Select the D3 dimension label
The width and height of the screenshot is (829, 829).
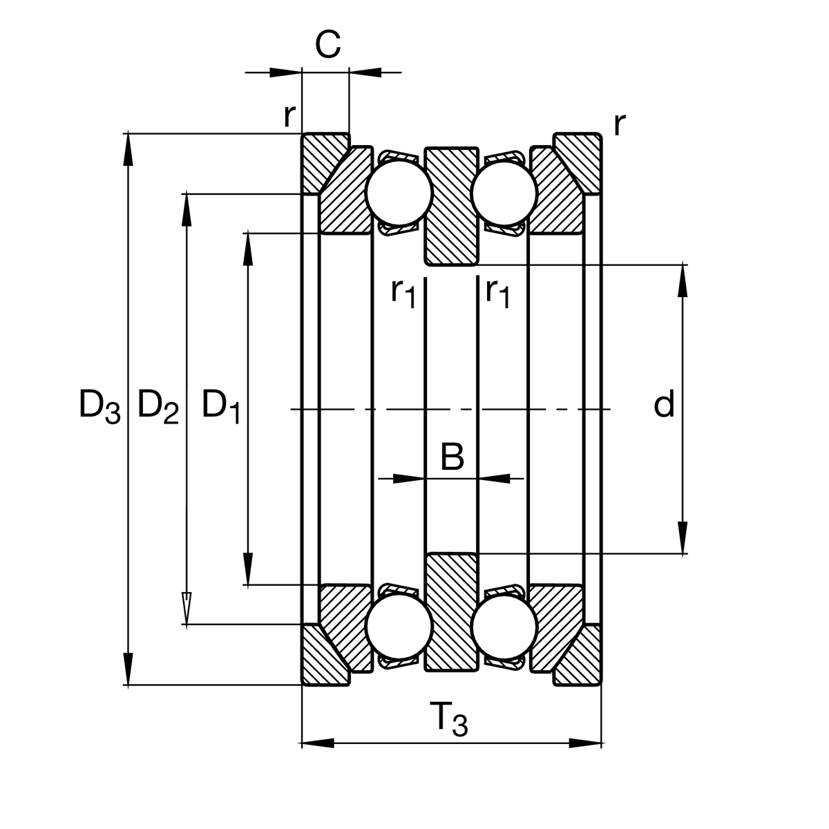[x=99, y=406]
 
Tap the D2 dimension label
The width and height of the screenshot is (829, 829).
[x=158, y=406]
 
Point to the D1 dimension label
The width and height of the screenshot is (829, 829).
[x=221, y=406]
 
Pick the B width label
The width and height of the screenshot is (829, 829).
[x=452, y=457]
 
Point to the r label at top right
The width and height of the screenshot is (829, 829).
[x=620, y=124]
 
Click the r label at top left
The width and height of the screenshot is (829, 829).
[x=289, y=116]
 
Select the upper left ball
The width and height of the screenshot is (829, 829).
[x=399, y=193]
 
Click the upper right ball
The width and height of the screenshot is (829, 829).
[x=504, y=193]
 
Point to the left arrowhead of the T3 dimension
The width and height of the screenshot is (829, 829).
[x=318, y=743]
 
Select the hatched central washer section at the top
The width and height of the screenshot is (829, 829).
[x=451, y=205]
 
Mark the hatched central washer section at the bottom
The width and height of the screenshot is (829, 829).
[x=451, y=611]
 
